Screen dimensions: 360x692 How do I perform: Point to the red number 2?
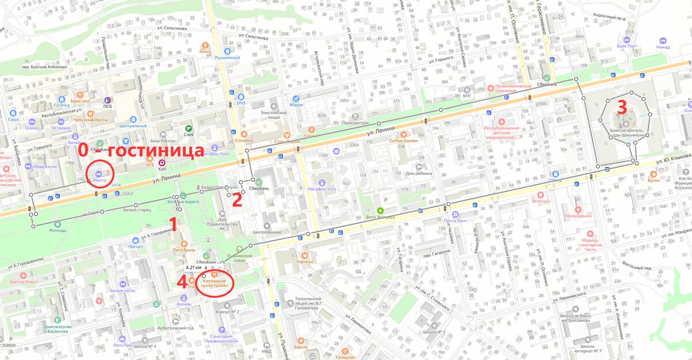(x=236, y=199)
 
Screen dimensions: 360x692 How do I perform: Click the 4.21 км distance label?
(x=194, y=268)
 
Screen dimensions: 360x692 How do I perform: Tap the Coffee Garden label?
(x=403, y=140)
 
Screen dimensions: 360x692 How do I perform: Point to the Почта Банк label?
(x=456, y=222)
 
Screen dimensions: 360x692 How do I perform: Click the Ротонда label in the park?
(x=57, y=230)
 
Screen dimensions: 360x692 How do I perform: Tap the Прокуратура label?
(x=354, y=123)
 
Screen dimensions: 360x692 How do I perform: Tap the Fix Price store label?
(x=61, y=106)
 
